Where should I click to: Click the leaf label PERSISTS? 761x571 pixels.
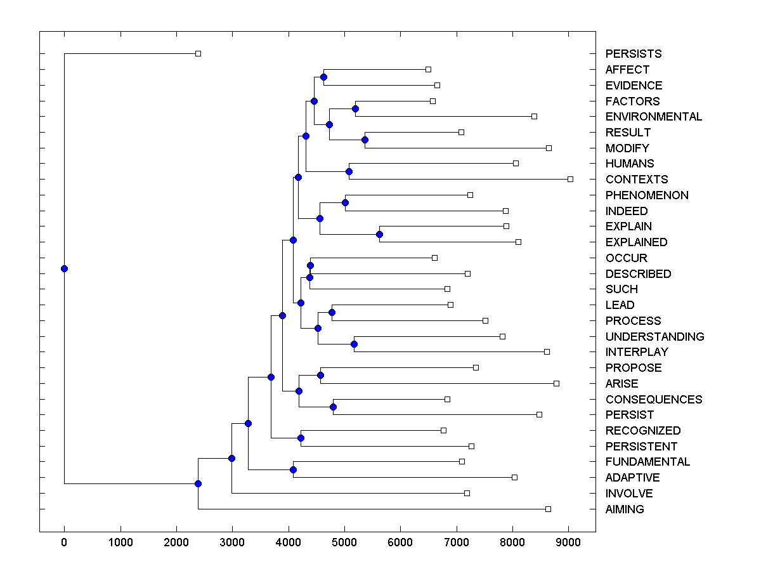coord(633,54)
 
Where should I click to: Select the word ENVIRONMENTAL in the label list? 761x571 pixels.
coord(653,117)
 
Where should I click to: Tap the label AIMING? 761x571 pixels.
coord(624,509)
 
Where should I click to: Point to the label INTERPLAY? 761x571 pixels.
coord(636,352)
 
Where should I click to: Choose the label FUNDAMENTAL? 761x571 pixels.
coord(647,462)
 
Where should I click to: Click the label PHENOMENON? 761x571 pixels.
coord(646,195)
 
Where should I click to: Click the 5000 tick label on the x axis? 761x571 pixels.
coord(344,542)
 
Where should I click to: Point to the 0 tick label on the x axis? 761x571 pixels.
coord(64,542)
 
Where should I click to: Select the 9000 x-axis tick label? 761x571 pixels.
coord(568,542)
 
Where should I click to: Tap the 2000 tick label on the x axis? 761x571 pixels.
coord(176,542)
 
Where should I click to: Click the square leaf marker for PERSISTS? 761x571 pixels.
coord(198,53)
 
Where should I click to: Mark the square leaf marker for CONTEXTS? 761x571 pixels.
coord(570,180)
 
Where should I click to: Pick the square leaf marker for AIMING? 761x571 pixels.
coord(548,509)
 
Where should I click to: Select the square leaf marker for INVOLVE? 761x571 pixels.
coord(467,493)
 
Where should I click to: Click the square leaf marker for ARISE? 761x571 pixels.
coord(556,383)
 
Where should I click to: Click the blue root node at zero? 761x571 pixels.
coord(64,268)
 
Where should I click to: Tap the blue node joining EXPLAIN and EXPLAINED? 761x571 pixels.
coord(379,234)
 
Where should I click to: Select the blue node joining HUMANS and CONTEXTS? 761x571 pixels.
coord(349,171)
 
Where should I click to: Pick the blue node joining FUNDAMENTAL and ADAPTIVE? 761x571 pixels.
coord(293,469)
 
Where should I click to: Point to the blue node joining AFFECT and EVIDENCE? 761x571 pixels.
coord(323,77)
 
